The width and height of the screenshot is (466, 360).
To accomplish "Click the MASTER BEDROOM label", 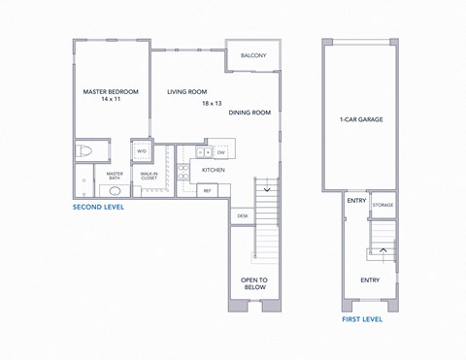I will pyautogui.click(x=111, y=91).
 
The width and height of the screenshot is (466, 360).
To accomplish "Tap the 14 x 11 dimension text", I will pyautogui.click(x=111, y=100).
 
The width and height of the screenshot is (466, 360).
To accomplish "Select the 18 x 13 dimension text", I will pyautogui.click(x=212, y=102).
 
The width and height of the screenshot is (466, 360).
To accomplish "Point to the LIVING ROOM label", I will pyautogui.click(x=187, y=91).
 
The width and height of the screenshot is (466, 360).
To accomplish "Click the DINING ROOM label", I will pyautogui.click(x=250, y=113).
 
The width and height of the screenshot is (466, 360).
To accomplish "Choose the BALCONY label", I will pyautogui.click(x=253, y=55).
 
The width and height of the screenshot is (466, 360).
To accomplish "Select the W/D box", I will pyautogui.click(x=141, y=152).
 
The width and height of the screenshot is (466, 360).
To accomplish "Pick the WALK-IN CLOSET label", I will pyautogui.click(x=149, y=178).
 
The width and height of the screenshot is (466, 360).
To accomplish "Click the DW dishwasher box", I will pyautogui.click(x=221, y=152).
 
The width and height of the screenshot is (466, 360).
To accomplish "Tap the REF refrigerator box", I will pyautogui.click(x=207, y=190).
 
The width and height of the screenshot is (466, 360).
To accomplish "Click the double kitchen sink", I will pyautogui.click(x=204, y=152).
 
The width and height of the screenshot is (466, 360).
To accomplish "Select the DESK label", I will pyautogui.click(x=242, y=216).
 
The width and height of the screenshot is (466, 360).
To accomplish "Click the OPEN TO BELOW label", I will pyautogui.click(x=253, y=284).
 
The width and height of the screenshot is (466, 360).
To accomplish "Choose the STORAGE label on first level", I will pyautogui.click(x=383, y=205).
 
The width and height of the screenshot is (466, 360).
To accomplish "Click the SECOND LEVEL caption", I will pyautogui.click(x=102, y=208).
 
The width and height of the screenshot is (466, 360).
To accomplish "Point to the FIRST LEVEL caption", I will pyautogui.click(x=361, y=318).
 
